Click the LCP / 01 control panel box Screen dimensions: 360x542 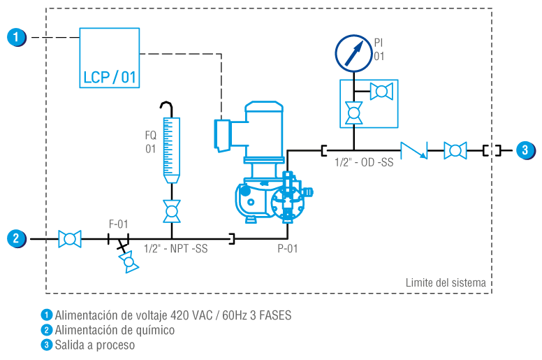pyautogui.click(x=109, y=57)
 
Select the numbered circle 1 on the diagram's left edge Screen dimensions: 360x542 pyautogui.click(x=17, y=36)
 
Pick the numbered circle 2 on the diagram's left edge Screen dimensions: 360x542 pyautogui.click(x=17, y=238)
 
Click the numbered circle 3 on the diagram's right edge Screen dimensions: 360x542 pyautogui.click(x=525, y=150)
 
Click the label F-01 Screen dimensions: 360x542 pyautogui.click(x=119, y=224)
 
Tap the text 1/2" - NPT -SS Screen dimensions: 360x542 pyautogui.click(x=175, y=248)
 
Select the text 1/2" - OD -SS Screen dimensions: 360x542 pyautogui.click(x=364, y=162)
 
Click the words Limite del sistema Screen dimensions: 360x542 pyautogui.click(x=446, y=282)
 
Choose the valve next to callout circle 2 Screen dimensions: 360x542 pyautogui.click(x=70, y=239)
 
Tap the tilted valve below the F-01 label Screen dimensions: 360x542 pyautogui.click(x=128, y=261)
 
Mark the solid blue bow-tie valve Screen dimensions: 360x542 pyautogui.click(x=413, y=150)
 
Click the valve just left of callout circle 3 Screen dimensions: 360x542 pyautogui.click(x=455, y=150)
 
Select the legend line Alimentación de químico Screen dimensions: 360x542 pyautogui.click(x=115, y=330)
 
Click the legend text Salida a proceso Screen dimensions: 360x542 pyautogui.click(x=94, y=345)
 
